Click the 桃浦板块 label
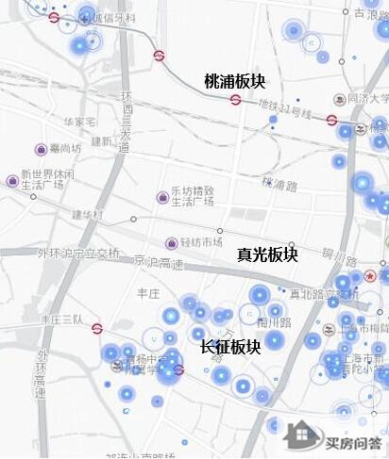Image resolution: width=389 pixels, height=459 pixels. point(235,83)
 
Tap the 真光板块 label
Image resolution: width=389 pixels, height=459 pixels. point(267,254)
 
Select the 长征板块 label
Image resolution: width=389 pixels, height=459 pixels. point(230,347)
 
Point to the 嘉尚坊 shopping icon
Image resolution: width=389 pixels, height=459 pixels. point(41,149)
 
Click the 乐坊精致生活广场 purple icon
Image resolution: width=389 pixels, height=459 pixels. point(162,197)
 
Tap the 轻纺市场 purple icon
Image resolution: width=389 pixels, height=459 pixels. point(171,243)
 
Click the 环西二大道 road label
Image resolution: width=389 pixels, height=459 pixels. point(125,120)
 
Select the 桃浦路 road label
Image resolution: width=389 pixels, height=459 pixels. point(280,181)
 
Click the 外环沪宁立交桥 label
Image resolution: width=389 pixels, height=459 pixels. point(78,253)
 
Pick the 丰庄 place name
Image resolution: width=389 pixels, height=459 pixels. point(148,293)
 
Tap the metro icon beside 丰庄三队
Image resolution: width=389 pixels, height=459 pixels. point(97,329)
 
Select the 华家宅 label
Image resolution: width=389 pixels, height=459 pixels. point(79,122)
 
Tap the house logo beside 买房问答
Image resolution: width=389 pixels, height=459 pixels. point(303,436)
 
